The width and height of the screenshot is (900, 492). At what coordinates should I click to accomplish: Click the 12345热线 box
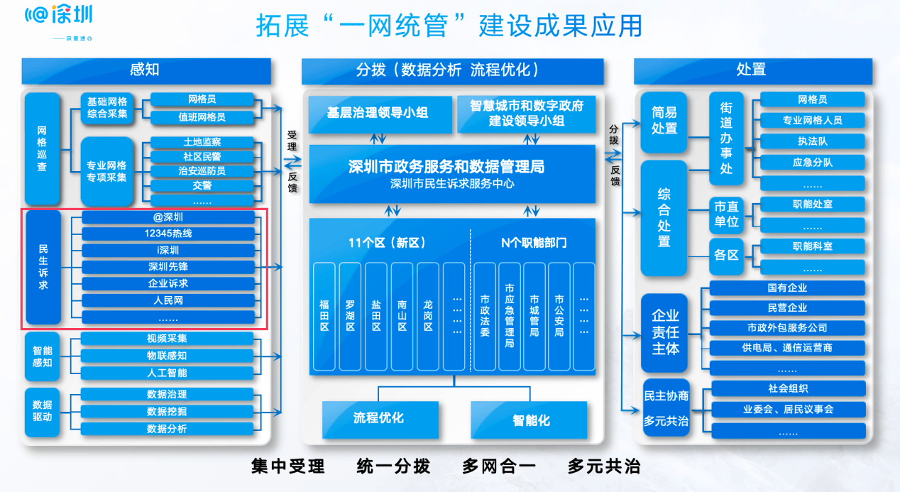pyautogui.click(x=168, y=234)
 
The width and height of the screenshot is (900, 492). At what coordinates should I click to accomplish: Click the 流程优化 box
pyautogui.click(x=378, y=418)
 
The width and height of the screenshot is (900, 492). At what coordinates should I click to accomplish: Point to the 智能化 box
pyautogui.click(x=529, y=419)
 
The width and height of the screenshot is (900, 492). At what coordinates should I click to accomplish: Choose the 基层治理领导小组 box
pyautogui.click(x=378, y=114)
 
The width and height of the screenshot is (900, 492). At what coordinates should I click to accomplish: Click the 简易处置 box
pyautogui.click(x=664, y=121)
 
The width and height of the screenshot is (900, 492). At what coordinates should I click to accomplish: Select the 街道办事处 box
pyautogui.click(x=727, y=138)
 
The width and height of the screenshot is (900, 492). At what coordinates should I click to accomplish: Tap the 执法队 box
pyautogui.click(x=812, y=141)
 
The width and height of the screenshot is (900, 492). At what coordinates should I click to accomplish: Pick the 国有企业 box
pyautogui.click(x=787, y=288)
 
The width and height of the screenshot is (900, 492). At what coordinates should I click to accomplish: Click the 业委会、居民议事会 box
pyautogui.click(x=788, y=410)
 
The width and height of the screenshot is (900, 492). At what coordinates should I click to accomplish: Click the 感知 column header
pyautogui.click(x=146, y=70)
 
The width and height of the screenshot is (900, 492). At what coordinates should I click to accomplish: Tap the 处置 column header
pyautogui.click(x=752, y=70)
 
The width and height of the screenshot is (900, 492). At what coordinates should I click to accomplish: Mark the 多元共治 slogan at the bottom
pyautogui.click(x=604, y=466)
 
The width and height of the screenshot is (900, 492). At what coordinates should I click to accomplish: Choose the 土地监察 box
pyautogui.click(x=202, y=142)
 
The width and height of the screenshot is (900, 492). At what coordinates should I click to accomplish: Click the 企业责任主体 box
pyautogui.click(x=664, y=332)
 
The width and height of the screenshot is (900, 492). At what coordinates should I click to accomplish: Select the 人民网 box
pyautogui.click(x=168, y=300)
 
